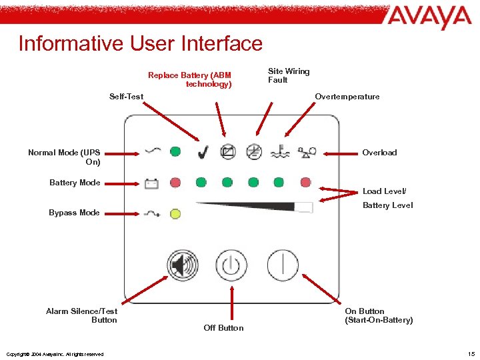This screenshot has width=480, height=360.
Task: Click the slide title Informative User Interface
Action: (141, 43)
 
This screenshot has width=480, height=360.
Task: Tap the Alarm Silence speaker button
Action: (183, 265)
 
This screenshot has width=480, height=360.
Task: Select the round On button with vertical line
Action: (283, 265)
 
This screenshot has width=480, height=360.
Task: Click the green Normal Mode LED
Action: (175, 152)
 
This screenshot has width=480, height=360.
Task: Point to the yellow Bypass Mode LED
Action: (175, 213)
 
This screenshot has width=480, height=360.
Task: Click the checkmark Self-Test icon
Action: (202, 153)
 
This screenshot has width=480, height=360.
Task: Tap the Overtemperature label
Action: (347, 97)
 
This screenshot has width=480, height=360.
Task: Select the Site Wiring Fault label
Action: (288, 75)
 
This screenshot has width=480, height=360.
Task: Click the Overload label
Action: (379, 153)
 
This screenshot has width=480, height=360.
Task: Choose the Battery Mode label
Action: (75, 183)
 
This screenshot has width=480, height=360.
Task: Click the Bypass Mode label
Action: (74, 213)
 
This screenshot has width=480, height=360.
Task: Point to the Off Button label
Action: (223, 328)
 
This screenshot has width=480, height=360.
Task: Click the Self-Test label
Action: (126, 97)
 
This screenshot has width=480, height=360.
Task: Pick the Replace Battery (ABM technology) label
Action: (189, 80)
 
